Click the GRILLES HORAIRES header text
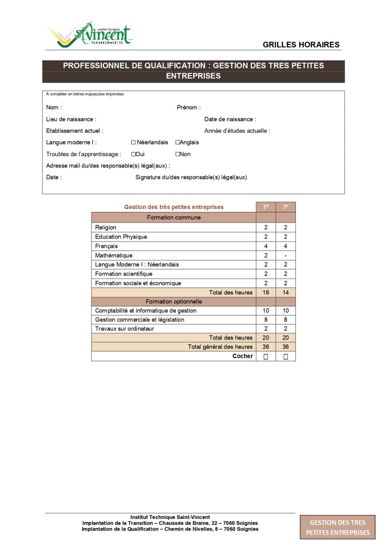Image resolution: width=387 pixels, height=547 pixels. point(301,44)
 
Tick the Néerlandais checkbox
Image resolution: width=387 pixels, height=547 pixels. point(133,143)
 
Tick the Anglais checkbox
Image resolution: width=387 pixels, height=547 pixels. point(177,143)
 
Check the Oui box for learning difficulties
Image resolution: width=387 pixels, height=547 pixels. point(133,154)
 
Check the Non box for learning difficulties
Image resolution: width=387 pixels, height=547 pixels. point(177,154)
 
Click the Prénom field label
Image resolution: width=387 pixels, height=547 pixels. point(189,108)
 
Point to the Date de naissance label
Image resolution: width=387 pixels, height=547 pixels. point(230,119)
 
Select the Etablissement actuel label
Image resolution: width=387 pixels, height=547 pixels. point(75,131)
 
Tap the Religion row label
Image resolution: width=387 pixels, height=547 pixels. point(106,228)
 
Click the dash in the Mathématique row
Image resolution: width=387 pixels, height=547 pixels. point(286,256)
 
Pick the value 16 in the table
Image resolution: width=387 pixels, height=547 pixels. point(266,292)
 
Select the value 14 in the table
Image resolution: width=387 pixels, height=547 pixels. point(286,292)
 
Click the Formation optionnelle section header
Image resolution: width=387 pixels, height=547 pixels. point(173,302)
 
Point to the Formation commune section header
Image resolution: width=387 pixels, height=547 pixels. point(173,218)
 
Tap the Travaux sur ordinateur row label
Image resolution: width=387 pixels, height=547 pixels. point(125,329)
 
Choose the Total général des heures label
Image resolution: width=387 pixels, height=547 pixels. point(220,347)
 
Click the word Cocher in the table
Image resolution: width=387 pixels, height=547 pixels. point(242,356)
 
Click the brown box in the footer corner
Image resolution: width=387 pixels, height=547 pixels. point(338,527)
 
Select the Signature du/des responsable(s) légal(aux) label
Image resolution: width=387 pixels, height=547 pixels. point(191,177)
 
